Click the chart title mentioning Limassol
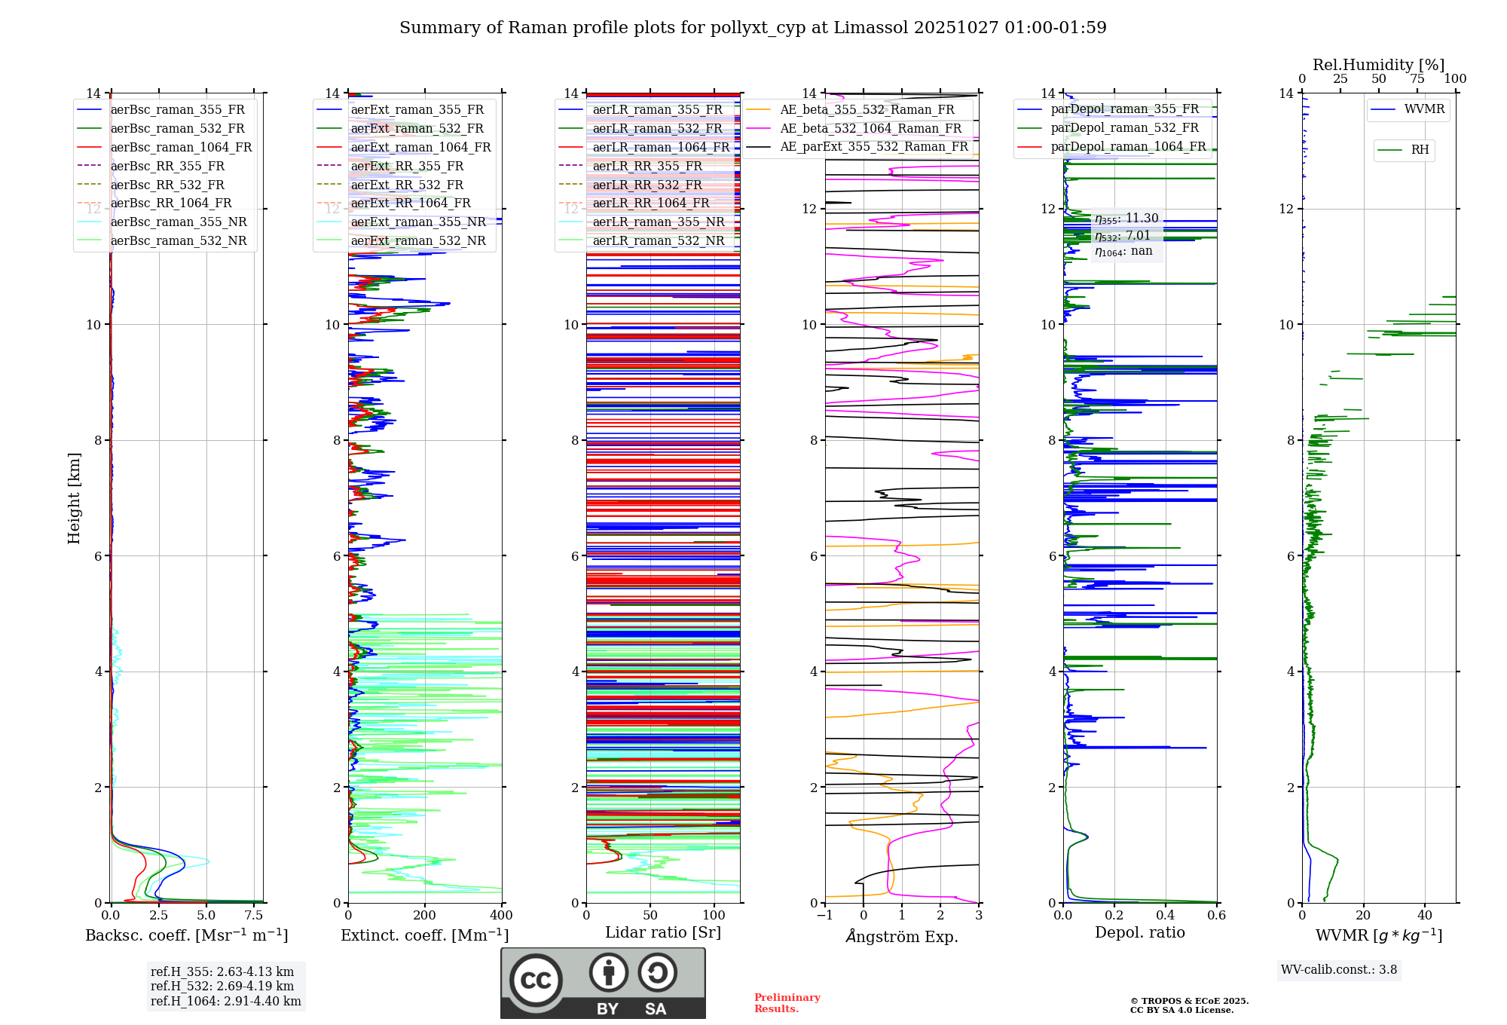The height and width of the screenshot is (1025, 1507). [753, 28]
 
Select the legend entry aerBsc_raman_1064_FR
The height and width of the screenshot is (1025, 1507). [181, 147]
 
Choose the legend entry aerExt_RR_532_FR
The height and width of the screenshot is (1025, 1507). [407, 185]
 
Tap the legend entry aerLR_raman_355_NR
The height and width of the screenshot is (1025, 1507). [658, 222]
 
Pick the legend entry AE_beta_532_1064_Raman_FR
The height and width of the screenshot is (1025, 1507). [870, 128]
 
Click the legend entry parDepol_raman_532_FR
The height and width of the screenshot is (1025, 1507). [1124, 127]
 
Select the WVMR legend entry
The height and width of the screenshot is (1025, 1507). [1424, 109]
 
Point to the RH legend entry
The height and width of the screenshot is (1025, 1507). [1420, 150]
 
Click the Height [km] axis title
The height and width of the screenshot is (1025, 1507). [74, 497]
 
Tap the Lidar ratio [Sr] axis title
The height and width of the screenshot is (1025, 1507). [663, 932]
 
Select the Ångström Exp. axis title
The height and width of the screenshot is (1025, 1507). [902, 936]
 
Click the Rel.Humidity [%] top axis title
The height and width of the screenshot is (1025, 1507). [1378, 65]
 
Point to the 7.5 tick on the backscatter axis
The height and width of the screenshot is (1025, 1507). [254, 916]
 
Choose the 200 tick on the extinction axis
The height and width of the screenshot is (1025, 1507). [424, 916]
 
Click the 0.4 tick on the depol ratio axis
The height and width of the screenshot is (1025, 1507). [1165, 916]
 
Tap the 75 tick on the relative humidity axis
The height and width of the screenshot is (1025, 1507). [1417, 79]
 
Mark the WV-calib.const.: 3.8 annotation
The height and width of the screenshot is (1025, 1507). [1338, 970]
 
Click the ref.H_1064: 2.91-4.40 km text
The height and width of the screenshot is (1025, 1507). [225, 1002]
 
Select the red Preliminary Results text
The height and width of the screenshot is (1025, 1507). [787, 1003]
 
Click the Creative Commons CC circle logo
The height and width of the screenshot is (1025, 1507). [536, 980]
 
